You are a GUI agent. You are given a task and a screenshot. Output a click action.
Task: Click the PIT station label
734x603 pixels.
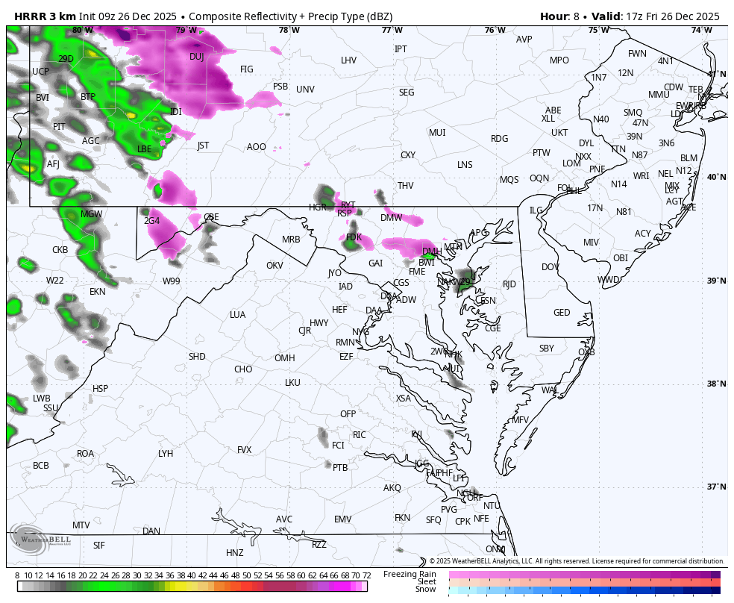pyautogui.click(x=59, y=127)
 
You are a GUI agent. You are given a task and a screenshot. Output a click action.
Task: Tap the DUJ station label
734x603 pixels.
pyautogui.click(x=196, y=57)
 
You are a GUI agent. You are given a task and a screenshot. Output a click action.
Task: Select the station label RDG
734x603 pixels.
pyautogui.click(x=499, y=139)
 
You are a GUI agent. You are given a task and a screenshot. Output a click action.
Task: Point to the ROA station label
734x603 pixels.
pyautogui.click(x=86, y=454)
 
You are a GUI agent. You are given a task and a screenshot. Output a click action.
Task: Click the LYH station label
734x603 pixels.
pyautogui.click(x=166, y=454)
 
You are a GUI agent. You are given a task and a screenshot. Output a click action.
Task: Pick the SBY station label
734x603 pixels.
pyautogui.click(x=547, y=349)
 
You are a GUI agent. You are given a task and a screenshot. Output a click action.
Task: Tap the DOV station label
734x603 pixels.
pyautogui.click(x=550, y=267)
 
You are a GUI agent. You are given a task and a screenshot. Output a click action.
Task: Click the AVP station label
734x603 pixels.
pyautogui.click(x=524, y=40)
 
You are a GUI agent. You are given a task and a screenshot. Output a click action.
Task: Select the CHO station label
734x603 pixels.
pyautogui.click(x=243, y=369)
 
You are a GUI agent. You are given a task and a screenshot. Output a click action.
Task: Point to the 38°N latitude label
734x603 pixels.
pyautogui.click(x=716, y=384)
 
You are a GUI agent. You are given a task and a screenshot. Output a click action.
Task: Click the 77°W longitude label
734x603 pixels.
pyautogui.click(x=392, y=31)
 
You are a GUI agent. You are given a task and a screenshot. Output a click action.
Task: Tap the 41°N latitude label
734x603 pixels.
pyautogui.click(x=716, y=74)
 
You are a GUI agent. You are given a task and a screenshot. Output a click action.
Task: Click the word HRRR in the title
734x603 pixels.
pyautogui.click(x=30, y=16)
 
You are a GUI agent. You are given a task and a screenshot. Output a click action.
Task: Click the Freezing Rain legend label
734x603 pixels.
pyautogui.click(x=410, y=574)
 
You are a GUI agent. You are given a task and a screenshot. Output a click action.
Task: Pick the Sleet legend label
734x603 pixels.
pyautogui.click(x=426, y=581)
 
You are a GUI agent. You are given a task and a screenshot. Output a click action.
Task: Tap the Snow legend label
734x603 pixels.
pyautogui.click(x=426, y=590)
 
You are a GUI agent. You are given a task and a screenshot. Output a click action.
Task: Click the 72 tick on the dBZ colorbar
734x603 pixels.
pyautogui.click(x=366, y=575)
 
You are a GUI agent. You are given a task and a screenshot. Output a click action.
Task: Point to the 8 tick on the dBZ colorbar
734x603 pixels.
pyautogui.click(x=17, y=575)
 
